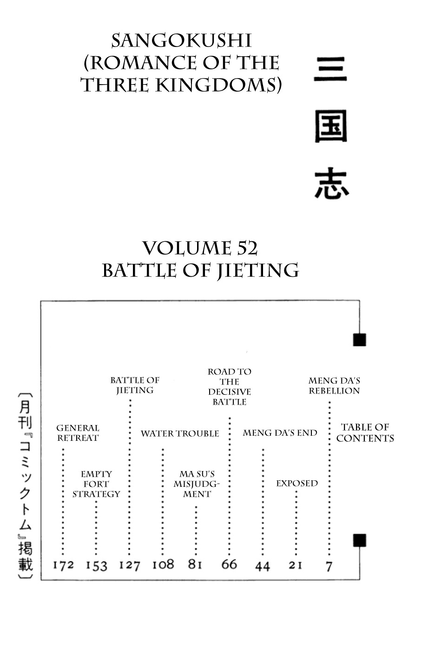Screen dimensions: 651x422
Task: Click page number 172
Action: [x=63, y=565]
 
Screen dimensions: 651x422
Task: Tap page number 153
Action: [x=97, y=565]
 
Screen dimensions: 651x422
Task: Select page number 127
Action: [x=130, y=565]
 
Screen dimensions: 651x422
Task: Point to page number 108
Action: [x=163, y=565]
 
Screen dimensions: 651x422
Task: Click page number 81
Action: [x=195, y=565]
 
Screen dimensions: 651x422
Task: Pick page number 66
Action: [x=229, y=565]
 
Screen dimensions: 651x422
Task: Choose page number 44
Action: [x=263, y=566]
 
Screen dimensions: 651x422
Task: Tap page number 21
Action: [x=296, y=565]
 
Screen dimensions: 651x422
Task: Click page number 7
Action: [x=329, y=566]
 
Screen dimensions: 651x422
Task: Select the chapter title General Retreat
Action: [x=78, y=432]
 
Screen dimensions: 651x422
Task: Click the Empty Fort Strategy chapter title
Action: [x=96, y=484]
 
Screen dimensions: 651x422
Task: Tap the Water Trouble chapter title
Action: [x=180, y=433]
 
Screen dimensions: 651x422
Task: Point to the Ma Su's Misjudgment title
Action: [x=197, y=484]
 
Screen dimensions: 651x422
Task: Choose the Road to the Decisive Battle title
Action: [x=229, y=386]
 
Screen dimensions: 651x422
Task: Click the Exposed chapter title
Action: [x=297, y=483]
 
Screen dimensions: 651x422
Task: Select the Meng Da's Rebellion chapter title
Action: [x=334, y=385]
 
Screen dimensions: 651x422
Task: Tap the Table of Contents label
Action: [x=365, y=432]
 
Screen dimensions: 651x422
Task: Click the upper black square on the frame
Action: [x=360, y=340]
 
